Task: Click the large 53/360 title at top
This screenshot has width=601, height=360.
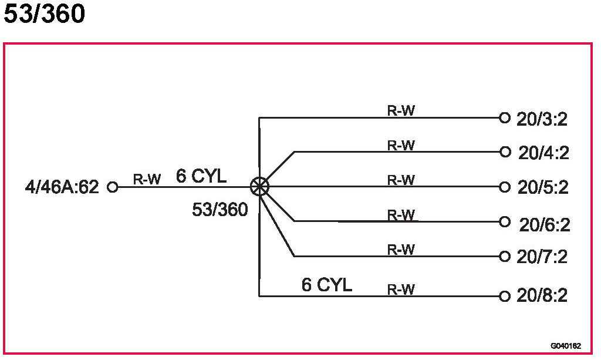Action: pyautogui.click(x=44, y=14)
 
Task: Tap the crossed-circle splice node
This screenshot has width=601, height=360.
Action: pyautogui.click(x=259, y=187)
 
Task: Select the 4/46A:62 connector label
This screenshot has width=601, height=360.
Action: pyautogui.click(x=62, y=188)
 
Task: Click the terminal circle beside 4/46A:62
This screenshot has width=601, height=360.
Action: pyautogui.click(x=113, y=187)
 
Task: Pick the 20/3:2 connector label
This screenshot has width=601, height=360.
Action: pyautogui.click(x=542, y=119)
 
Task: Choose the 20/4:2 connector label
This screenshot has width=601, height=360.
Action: pyautogui.click(x=543, y=153)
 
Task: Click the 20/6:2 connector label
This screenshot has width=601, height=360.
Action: pyautogui.click(x=544, y=224)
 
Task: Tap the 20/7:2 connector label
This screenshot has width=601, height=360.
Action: pyautogui.click(x=542, y=257)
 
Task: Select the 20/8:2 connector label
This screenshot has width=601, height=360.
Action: pyautogui.click(x=542, y=296)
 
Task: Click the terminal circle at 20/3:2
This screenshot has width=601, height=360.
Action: pyautogui.click(x=504, y=117)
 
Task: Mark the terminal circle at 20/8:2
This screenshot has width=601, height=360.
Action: pyautogui.click(x=504, y=296)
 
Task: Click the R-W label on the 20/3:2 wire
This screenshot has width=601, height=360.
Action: pyautogui.click(x=401, y=111)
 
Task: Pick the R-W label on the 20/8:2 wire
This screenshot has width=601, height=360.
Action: pyautogui.click(x=401, y=290)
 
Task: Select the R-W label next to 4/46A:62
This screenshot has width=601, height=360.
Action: pyautogui.click(x=146, y=180)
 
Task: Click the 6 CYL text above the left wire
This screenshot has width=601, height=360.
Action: pyautogui.click(x=201, y=176)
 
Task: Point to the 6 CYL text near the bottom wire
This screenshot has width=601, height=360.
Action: pyautogui.click(x=326, y=285)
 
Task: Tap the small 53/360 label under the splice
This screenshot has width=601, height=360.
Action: pyautogui.click(x=220, y=209)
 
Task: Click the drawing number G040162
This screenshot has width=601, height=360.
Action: pyautogui.click(x=566, y=346)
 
